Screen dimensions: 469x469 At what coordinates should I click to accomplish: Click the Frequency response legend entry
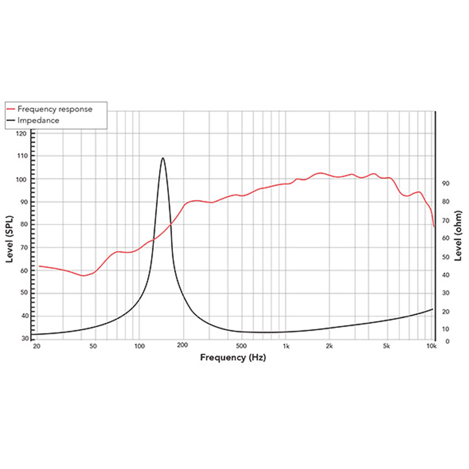point(54,109)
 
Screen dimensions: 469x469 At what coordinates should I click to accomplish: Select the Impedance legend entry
point(38,121)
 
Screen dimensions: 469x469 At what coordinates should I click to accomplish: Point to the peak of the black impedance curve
point(163,158)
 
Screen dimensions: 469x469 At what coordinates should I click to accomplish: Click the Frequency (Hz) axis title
point(233,358)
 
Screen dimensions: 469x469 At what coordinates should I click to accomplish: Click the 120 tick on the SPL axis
point(22,134)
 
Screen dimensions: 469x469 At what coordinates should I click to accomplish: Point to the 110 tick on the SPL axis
point(22,156)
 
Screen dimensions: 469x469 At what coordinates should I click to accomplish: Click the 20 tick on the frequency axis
point(37,347)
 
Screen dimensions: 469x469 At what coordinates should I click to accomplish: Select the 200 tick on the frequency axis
point(183,347)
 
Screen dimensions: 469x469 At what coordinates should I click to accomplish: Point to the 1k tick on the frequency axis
point(286,347)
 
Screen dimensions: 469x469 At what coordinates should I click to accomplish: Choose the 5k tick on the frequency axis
point(387,347)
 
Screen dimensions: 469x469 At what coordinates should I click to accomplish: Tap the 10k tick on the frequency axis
point(431,347)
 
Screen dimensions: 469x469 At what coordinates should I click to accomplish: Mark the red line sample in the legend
point(11,109)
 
